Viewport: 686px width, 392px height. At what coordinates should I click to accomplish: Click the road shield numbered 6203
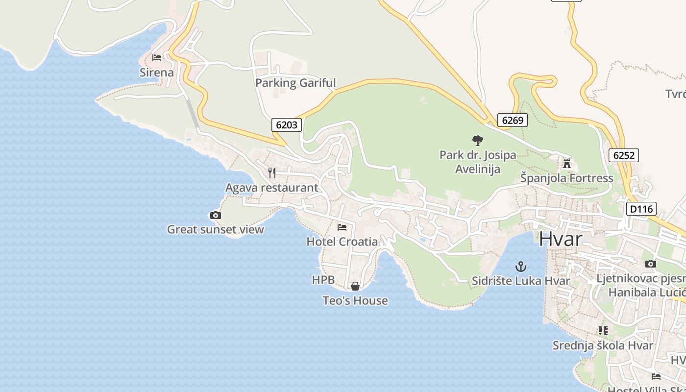tap(287, 124)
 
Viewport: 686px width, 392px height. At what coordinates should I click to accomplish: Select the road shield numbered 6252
tap(624, 155)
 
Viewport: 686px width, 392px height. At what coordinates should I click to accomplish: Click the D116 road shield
tap(641, 209)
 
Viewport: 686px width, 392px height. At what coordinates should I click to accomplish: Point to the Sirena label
tap(157, 73)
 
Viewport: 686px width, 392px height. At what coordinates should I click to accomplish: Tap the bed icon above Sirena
tap(157, 57)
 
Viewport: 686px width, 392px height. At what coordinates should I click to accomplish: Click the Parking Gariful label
tap(295, 83)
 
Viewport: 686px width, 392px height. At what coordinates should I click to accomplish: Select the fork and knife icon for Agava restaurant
tap(272, 172)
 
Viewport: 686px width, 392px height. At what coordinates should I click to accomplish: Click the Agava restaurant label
tap(271, 188)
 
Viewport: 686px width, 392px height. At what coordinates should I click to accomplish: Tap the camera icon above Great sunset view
tap(215, 215)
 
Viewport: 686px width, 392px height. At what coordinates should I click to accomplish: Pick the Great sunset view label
tap(216, 229)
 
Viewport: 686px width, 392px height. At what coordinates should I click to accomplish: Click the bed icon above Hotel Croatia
tap(342, 227)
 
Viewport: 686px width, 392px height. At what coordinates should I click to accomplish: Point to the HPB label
tap(323, 280)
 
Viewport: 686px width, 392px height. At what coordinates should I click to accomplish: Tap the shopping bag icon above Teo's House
tap(355, 286)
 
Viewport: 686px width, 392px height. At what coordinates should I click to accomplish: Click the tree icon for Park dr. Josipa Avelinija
tap(477, 141)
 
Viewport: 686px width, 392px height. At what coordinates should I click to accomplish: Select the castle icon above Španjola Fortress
tap(567, 163)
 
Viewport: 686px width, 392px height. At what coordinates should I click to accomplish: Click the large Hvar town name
tap(561, 239)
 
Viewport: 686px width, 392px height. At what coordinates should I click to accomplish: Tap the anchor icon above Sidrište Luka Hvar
tap(521, 267)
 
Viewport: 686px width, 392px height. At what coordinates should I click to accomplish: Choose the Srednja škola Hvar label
tap(603, 345)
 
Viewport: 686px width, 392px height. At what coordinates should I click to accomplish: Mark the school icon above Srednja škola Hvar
tap(603, 331)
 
